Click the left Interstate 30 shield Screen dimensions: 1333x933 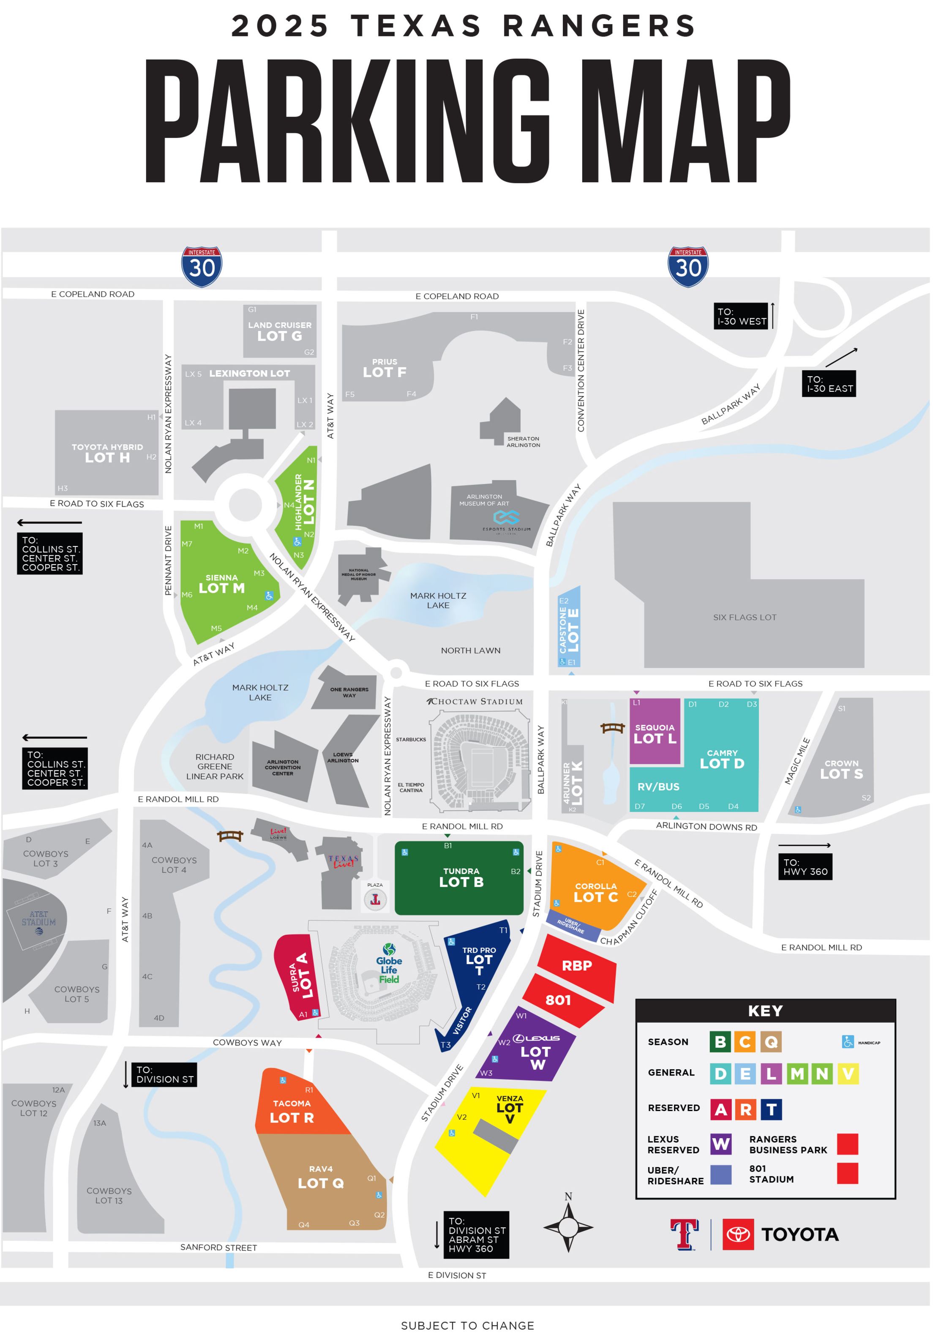(202, 267)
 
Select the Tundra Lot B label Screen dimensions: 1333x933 (461, 877)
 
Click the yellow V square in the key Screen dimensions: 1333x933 (848, 1074)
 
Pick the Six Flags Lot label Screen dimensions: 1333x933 (744, 617)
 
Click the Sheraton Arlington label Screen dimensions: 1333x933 (523, 442)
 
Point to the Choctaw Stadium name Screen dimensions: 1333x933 (475, 701)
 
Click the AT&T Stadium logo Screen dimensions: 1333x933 (39, 920)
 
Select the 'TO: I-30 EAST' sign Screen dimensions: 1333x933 (829, 384)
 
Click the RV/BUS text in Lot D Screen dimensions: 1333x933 (658, 787)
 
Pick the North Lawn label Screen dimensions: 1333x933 (470, 650)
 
